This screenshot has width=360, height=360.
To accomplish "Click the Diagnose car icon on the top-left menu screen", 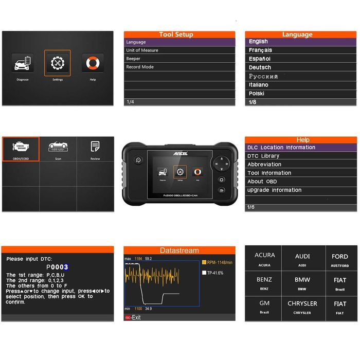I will click(x=23, y=63).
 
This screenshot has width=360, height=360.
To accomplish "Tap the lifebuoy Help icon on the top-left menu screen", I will click(x=93, y=63).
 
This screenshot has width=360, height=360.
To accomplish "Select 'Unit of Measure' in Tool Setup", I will click(x=142, y=50).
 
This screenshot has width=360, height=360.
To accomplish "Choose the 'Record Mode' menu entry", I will click(x=140, y=67).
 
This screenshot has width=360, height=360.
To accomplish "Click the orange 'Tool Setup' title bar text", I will click(x=176, y=34).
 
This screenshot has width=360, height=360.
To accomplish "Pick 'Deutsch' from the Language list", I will click(x=260, y=67).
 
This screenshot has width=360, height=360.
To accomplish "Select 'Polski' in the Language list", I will click(x=257, y=94).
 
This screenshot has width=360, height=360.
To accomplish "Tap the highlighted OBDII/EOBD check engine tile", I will click(x=21, y=149).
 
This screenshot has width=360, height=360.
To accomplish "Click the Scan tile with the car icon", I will click(x=58, y=149).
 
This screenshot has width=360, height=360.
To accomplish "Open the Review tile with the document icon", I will click(x=95, y=149).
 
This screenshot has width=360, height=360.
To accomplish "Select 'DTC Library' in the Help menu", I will click(x=263, y=156).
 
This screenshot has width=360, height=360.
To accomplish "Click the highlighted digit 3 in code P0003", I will click(x=66, y=267).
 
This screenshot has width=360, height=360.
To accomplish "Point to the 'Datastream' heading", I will click(x=179, y=250).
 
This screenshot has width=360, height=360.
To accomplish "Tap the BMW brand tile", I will click(x=302, y=282).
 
